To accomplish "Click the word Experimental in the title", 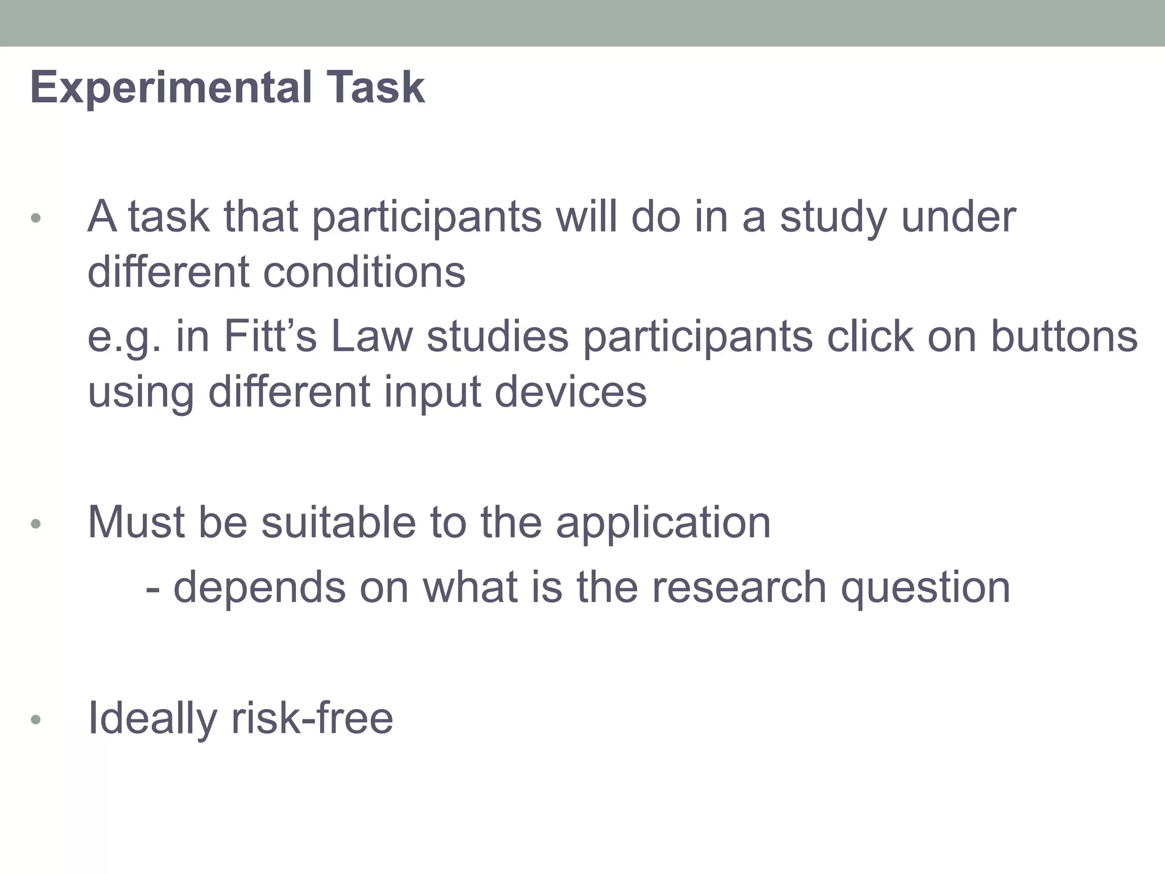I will coord(171,88).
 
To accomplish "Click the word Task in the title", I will coord(375,88).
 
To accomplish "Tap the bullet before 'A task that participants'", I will coord(36,218).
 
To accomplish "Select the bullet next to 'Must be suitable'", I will coord(36,524).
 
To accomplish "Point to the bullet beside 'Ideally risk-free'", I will coord(36,720).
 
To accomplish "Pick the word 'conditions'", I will coord(364,273).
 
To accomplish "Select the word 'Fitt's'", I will coord(270,336).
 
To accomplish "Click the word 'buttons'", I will coord(1064,336).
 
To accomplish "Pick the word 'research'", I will coord(739,587).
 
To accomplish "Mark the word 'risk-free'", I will coord(312,718).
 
